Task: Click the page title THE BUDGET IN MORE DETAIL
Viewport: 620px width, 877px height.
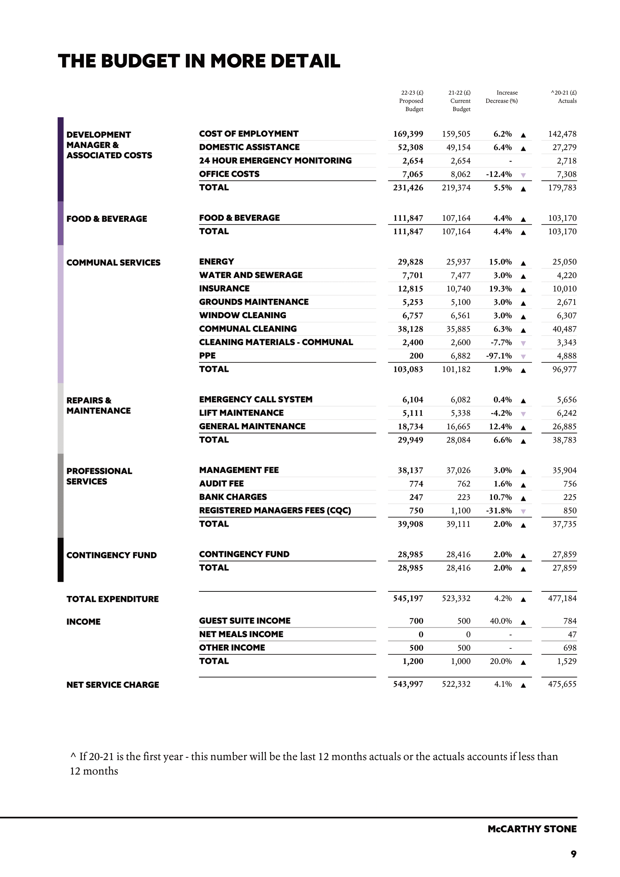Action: coord(199,61)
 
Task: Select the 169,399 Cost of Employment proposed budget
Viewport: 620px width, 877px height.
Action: coord(408,134)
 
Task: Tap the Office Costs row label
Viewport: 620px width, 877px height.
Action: coord(229,174)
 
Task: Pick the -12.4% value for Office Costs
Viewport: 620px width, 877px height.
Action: coord(499,175)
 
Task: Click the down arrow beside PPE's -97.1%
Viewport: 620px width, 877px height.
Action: coord(523,357)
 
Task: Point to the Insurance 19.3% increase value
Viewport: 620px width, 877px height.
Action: coord(500,289)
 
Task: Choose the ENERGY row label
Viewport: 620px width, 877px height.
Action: coord(217,262)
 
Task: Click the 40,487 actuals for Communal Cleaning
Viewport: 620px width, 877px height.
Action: coord(564,329)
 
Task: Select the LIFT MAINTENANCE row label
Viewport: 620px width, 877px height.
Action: coord(241,413)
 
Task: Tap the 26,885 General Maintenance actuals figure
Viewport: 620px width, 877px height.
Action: coord(564,427)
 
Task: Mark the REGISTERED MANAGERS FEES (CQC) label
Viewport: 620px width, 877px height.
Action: coord(275,510)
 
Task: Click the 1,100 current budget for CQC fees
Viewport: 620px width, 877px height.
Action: coord(461,511)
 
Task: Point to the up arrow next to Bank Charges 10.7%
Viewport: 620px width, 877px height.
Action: coord(523,498)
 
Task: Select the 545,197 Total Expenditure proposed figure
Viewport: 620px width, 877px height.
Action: coord(408,599)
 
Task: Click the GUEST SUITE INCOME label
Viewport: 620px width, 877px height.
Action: coord(245,621)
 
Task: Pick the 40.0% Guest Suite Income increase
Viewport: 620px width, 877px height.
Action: coord(500,621)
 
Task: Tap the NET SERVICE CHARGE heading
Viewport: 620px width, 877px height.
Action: coord(113,685)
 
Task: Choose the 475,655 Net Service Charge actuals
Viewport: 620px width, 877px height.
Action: coord(562,684)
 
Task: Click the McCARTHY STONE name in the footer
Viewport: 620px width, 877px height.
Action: coord(532,829)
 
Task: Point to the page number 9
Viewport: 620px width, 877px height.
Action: coord(574,854)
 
